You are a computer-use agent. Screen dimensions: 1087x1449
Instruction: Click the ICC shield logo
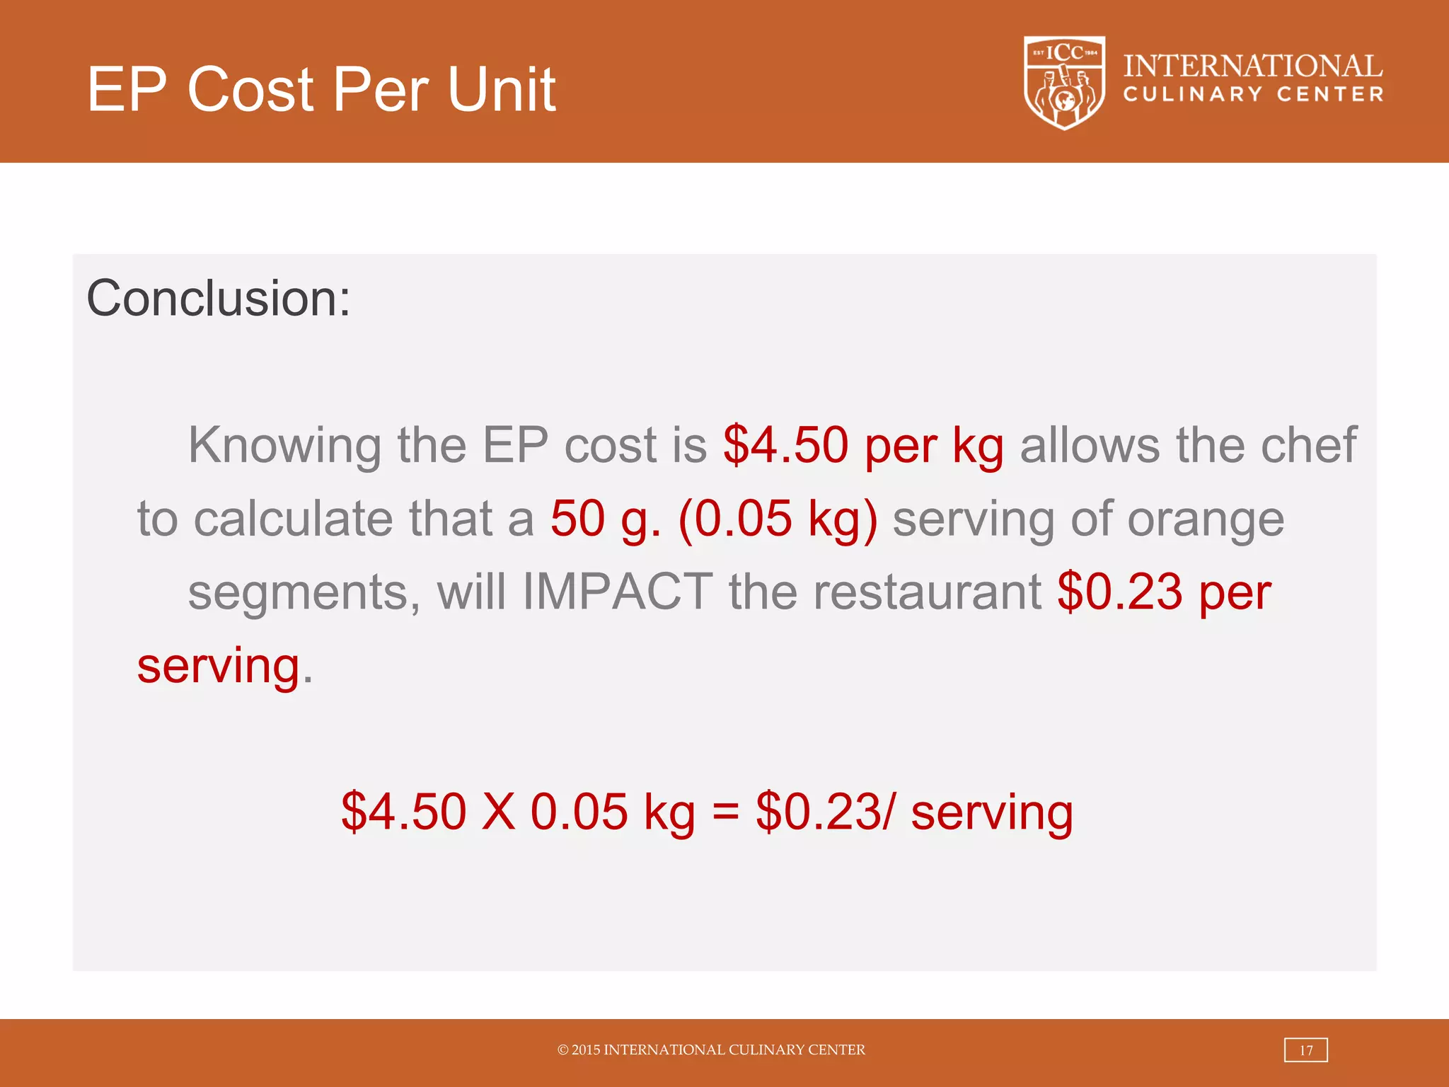tap(1064, 83)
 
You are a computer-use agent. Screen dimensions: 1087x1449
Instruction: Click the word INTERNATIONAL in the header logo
tap(1252, 67)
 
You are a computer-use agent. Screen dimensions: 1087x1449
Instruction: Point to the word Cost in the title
tap(250, 89)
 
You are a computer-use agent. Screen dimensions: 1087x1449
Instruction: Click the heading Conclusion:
tap(218, 298)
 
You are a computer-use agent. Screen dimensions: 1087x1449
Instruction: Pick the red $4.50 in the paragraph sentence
tap(785, 446)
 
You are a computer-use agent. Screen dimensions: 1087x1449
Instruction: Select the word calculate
tap(293, 519)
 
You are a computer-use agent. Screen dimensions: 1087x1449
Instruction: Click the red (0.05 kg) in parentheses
tap(778, 519)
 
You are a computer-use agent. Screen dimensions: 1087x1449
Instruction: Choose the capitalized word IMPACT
tap(617, 592)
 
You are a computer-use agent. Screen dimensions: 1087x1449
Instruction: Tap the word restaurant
tap(927, 593)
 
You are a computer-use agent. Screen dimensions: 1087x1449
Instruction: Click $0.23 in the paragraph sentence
tap(1119, 592)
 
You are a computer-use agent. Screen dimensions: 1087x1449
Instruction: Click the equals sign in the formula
tap(725, 812)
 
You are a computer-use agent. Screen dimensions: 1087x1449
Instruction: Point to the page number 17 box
tap(1305, 1050)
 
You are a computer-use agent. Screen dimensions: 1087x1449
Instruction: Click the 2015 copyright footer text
tap(711, 1050)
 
